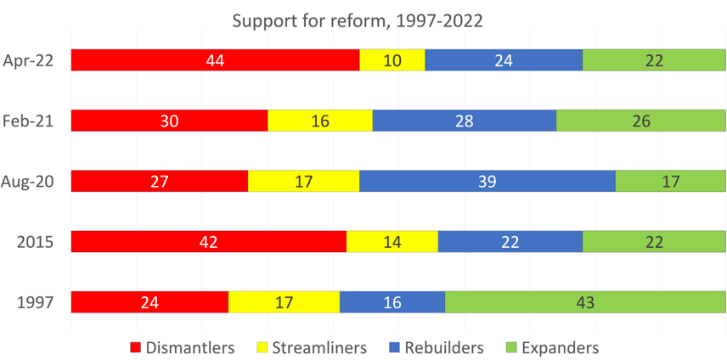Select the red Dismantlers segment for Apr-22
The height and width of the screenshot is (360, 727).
click(215, 60)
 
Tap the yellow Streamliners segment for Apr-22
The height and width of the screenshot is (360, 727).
click(392, 60)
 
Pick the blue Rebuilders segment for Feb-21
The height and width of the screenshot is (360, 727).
click(464, 121)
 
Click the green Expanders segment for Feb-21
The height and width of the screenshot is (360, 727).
click(641, 121)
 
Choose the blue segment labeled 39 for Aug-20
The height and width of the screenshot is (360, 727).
click(487, 181)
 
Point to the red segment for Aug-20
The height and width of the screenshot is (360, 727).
click(159, 181)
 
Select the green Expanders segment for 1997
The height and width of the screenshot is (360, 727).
click(585, 302)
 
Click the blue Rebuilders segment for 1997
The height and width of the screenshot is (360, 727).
click(392, 302)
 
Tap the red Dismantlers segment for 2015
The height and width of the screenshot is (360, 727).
click(208, 241)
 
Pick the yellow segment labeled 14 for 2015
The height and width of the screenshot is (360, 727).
click(392, 241)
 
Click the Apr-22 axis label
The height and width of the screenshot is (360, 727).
click(30, 60)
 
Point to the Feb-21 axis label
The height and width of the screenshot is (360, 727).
click(30, 121)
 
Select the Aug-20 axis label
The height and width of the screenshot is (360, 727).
click(30, 181)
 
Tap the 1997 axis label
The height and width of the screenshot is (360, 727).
click(37, 302)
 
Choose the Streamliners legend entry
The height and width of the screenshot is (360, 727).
click(312, 347)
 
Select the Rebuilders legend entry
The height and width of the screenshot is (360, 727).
click(435, 347)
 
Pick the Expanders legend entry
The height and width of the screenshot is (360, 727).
click(552, 347)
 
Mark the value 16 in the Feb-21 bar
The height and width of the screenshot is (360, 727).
click(319, 121)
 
